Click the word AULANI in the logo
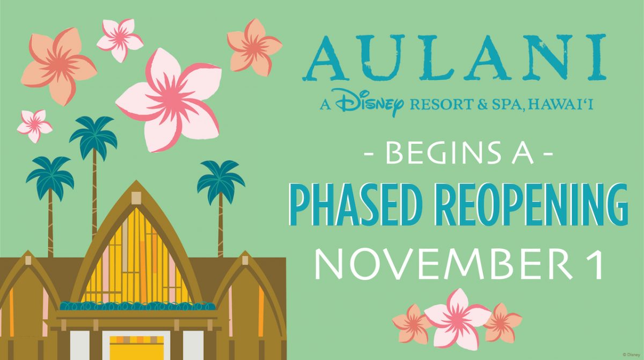pyautogui.click(x=454, y=57)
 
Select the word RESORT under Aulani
pyautogui.click(x=441, y=104)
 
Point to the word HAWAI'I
pyautogui.click(x=561, y=104)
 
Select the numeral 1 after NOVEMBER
pyautogui.click(x=596, y=265)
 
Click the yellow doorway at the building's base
pyautogui.click(x=136, y=348)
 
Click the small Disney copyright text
pyautogui.click(x=633, y=355)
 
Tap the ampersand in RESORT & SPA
pyautogui.click(x=482, y=105)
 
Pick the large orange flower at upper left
pyautogui.click(x=59, y=65)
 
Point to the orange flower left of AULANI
pyautogui.click(x=255, y=47)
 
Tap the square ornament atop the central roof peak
pyautogui.click(x=136, y=197)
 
